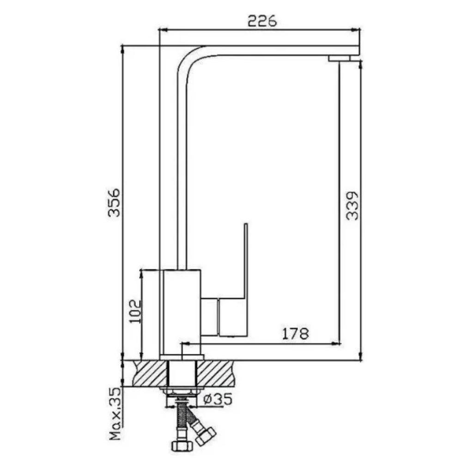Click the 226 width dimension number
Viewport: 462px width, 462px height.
pyautogui.click(x=262, y=21)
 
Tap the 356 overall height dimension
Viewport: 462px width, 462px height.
pyautogui.click(x=114, y=202)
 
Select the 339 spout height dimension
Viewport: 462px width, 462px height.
pyautogui.click(x=352, y=206)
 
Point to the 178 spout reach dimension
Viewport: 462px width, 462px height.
pyautogui.click(x=296, y=334)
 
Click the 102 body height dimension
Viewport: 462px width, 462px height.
pyautogui.click(x=136, y=311)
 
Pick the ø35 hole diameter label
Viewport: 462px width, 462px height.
pyautogui.click(x=218, y=399)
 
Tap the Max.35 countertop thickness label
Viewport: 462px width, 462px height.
pyautogui.click(x=115, y=414)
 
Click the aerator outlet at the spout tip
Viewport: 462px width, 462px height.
pyautogui.click(x=339, y=58)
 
